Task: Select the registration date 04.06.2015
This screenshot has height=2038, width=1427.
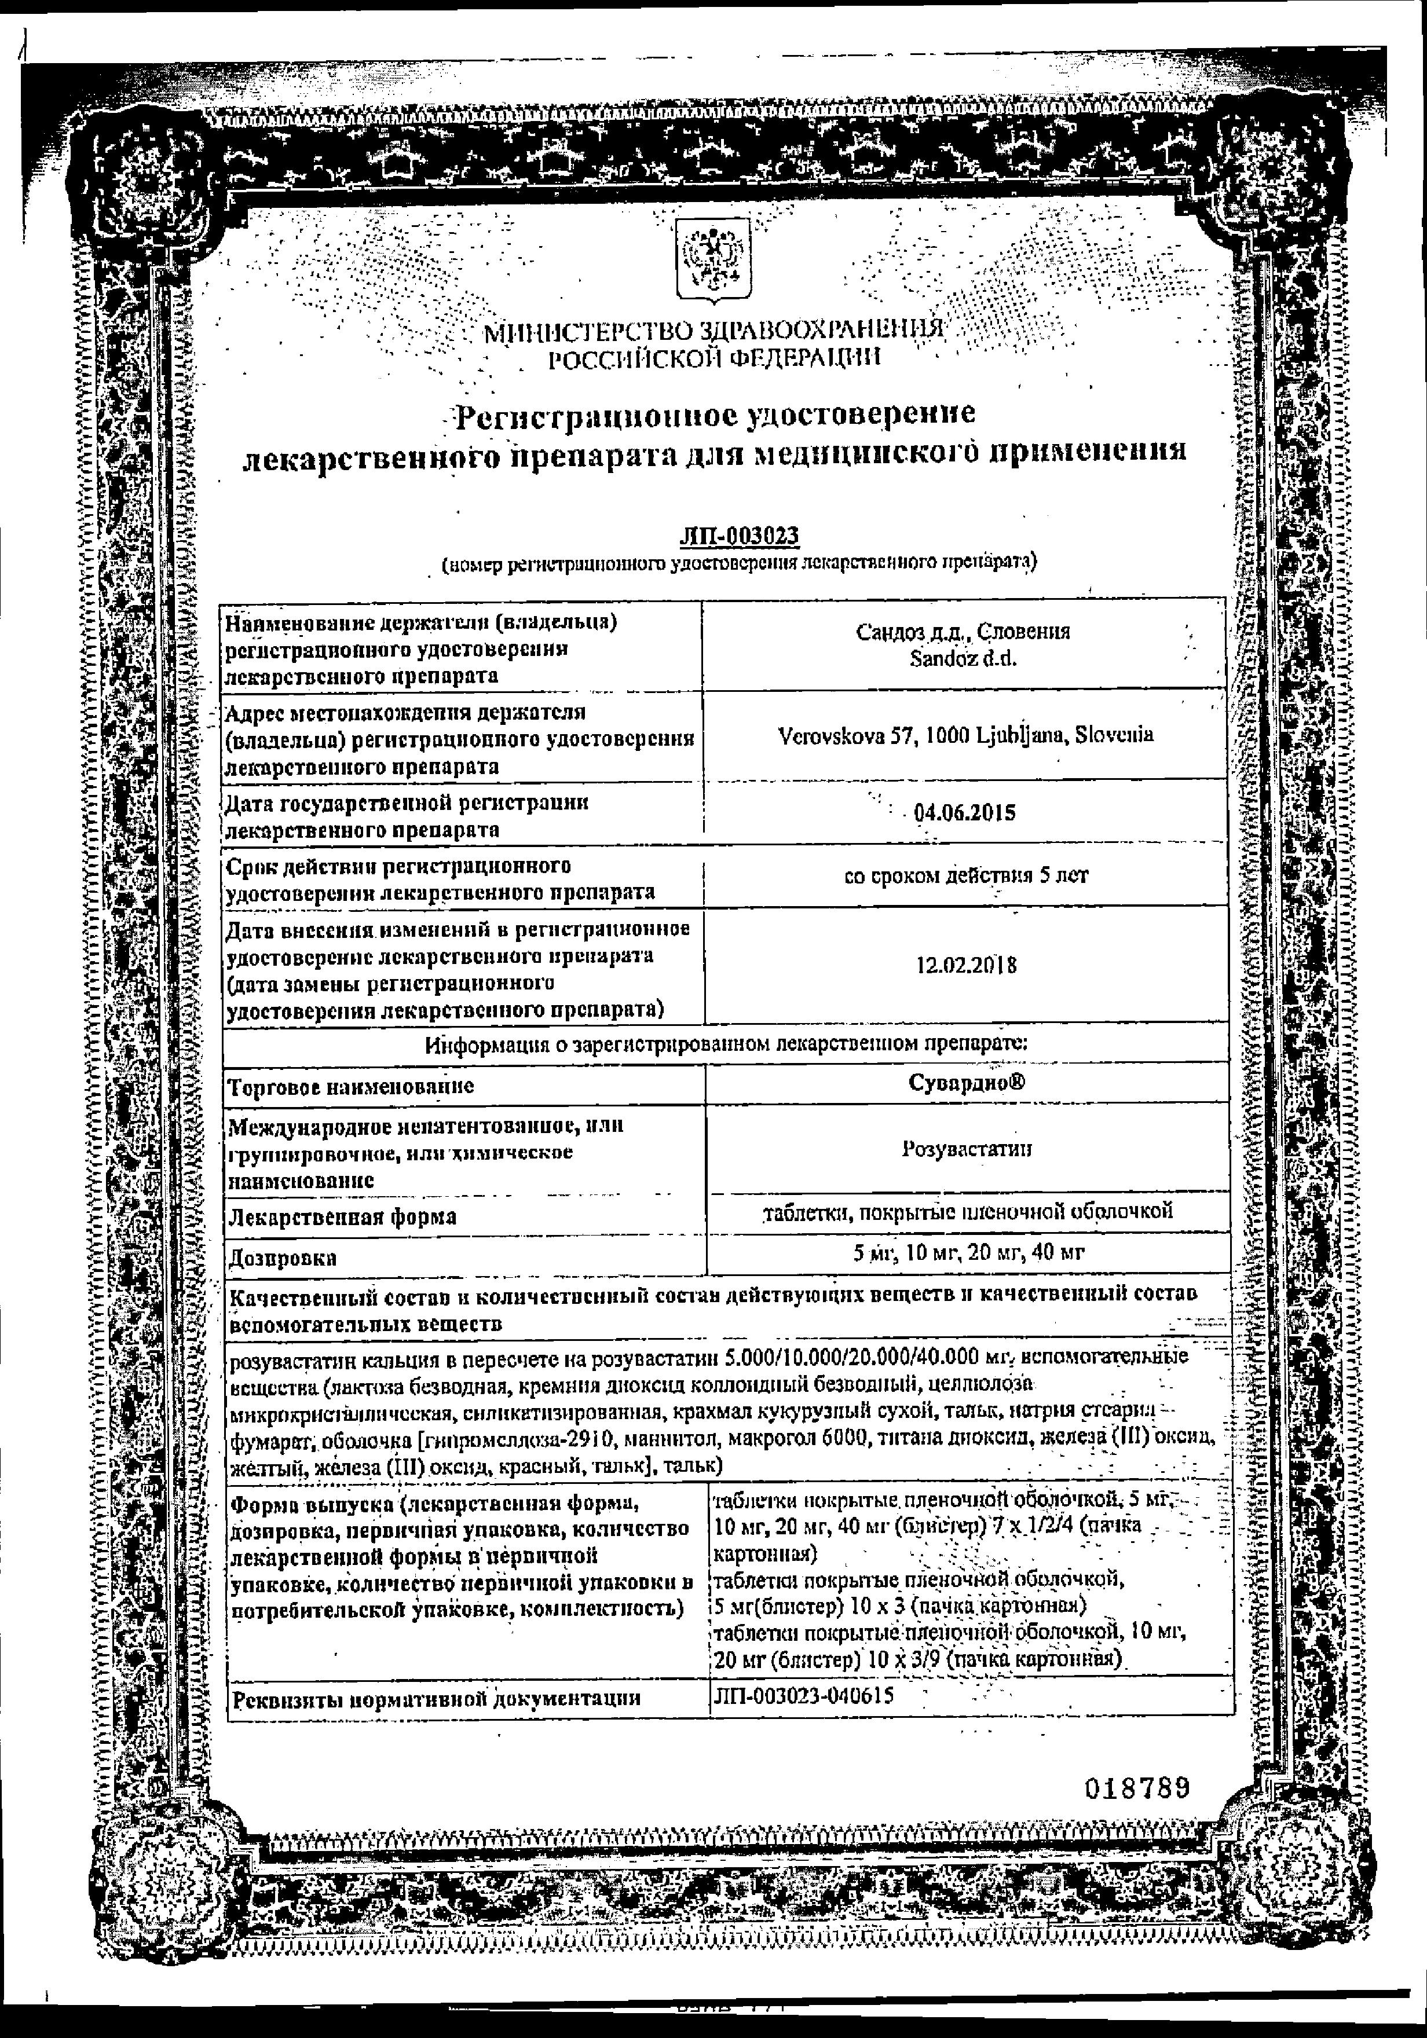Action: (964, 813)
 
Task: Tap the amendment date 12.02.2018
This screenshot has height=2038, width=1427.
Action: (966, 966)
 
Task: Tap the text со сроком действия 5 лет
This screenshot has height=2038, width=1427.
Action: (966, 876)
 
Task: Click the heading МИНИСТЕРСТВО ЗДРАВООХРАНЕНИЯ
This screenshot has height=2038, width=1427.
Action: (713, 333)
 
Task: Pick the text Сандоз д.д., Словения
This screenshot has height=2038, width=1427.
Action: (963, 631)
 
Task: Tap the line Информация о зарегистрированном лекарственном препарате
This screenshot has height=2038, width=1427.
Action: (726, 1044)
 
